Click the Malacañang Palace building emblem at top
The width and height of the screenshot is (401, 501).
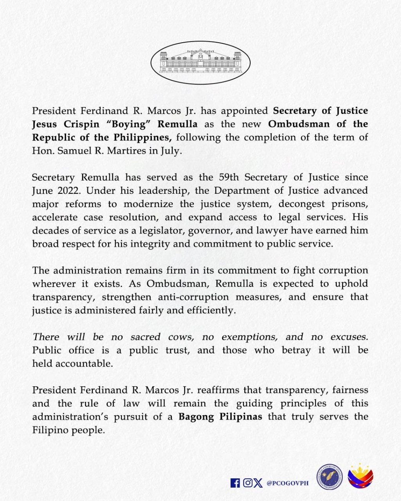pyautogui.click(x=200, y=63)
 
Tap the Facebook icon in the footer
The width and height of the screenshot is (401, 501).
pyautogui.click(x=235, y=483)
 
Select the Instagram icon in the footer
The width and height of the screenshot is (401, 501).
pyautogui.click(x=247, y=483)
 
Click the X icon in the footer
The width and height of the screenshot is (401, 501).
pyautogui.click(x=258, y=483)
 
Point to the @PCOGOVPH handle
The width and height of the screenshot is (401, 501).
pyautogui.click(x=287, y=483)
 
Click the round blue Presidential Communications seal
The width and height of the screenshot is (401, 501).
pyautogui.click(x=329, y=477)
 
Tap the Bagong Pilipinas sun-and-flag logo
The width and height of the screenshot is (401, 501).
pyautogui.click(x=360, y=476)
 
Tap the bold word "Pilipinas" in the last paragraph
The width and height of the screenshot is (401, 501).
pyautogui.click(x=240, y=417)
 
